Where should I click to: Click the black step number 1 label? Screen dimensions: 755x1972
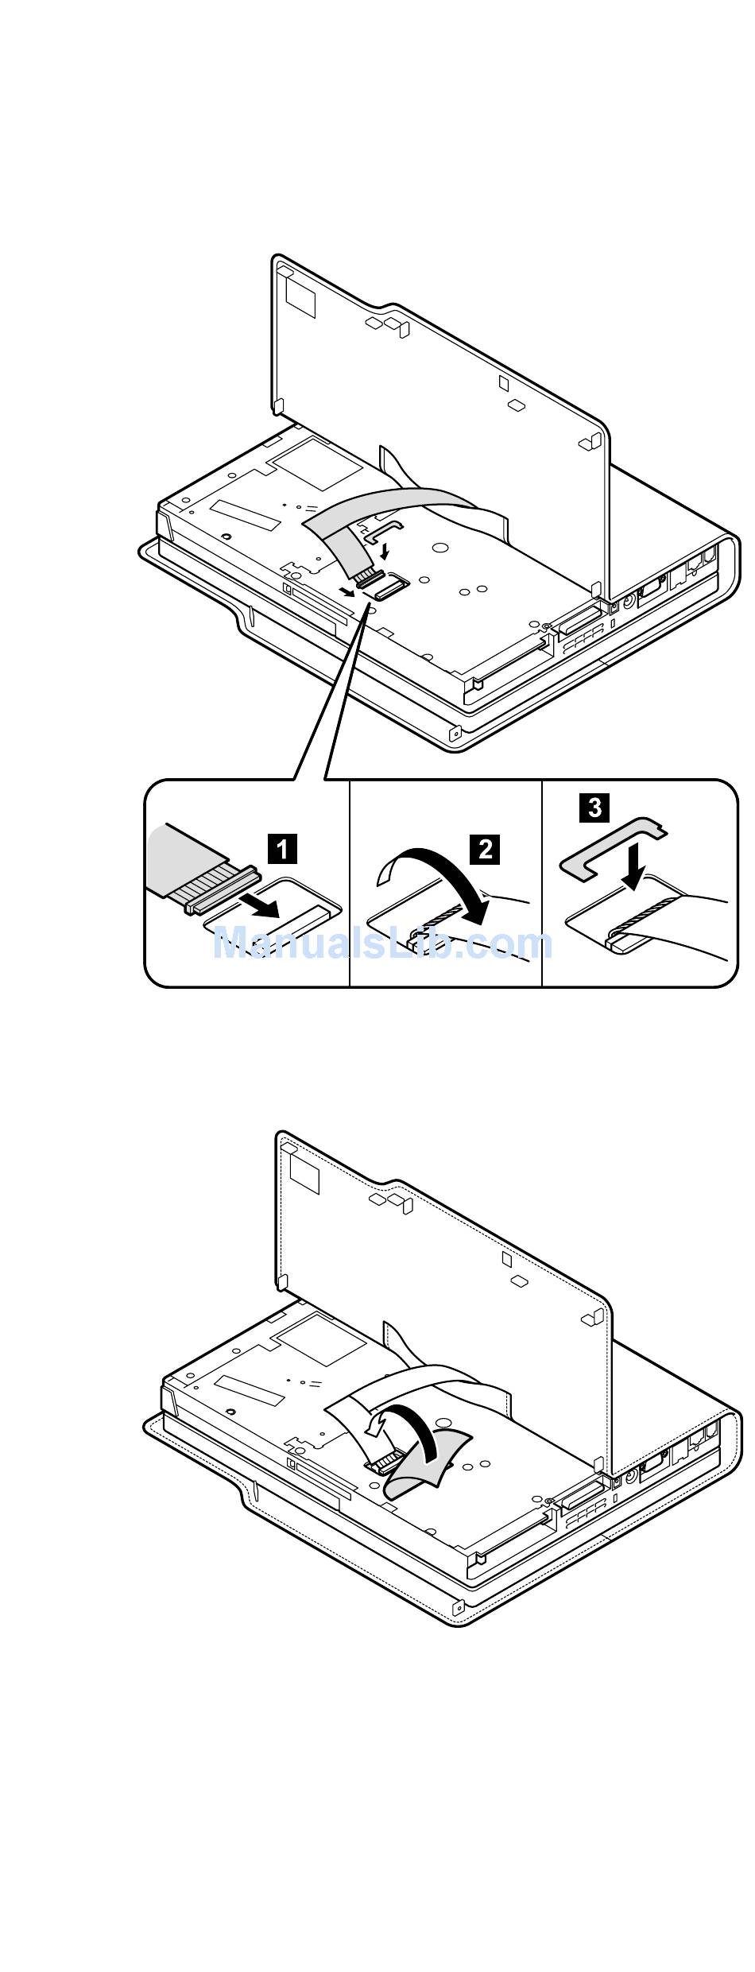283,848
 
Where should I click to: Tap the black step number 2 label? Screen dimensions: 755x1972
486,848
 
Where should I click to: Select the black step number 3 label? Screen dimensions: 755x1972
594,808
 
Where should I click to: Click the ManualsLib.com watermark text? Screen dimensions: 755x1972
382,943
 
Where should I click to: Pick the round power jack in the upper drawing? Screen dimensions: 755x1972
629,602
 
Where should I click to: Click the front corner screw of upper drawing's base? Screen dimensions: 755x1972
455,734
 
